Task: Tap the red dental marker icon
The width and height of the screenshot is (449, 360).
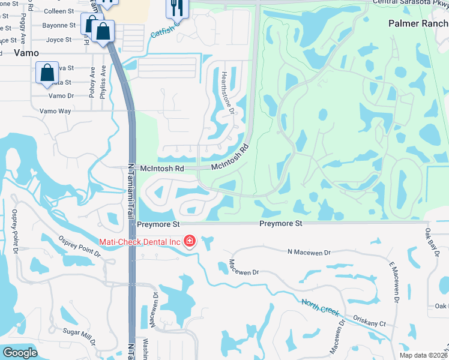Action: (190, 241)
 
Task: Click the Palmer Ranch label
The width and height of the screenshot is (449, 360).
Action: (418, 23)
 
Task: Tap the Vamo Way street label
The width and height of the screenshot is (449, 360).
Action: (55, 111)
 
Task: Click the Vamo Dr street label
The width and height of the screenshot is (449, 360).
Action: (61, 95)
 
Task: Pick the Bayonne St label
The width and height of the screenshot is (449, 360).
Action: (59, 26)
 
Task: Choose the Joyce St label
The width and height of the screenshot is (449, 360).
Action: (59, 40)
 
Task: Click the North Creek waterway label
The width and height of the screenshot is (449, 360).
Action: (321, 308)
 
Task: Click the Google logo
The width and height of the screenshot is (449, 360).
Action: (20, 353)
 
